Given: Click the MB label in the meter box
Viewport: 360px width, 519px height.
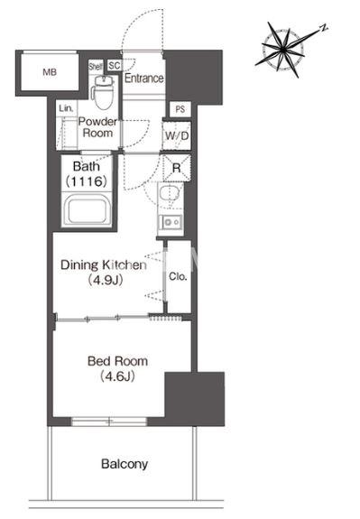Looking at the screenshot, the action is [50, 72].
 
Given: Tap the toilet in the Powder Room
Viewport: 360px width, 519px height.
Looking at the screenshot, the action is [103, 92].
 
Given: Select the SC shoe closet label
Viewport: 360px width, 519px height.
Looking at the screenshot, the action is [115, 65].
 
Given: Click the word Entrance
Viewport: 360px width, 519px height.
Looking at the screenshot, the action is [144, 79].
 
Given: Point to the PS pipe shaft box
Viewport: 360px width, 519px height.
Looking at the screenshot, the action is [180, 109].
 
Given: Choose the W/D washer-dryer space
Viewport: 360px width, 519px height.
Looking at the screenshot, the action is [177, 135].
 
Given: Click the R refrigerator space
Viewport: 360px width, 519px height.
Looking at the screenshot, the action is [177, 168].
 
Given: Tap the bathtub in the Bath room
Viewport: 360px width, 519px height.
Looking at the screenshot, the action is [87, 211].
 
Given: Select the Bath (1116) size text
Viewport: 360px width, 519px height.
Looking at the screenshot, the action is [87, 174].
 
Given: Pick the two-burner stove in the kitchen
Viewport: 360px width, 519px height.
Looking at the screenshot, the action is [171, 222].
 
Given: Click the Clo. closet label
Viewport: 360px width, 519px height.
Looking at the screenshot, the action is [178, 276].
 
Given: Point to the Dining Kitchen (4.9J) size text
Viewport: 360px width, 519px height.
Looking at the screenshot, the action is [104, 272].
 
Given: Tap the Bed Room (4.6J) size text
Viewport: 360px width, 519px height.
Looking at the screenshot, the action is [117, 368].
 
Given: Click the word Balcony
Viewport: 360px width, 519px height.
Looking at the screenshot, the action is [125, 464].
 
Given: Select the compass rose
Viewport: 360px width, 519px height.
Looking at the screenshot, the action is [284, 50].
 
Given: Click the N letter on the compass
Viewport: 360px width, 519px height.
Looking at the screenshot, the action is [324, 28].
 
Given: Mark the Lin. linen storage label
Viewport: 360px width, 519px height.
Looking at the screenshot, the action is [66, 108].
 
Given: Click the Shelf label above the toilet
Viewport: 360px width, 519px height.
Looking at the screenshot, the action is [96, 66].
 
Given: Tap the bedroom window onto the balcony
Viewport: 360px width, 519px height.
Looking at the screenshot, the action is [109, 422].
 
